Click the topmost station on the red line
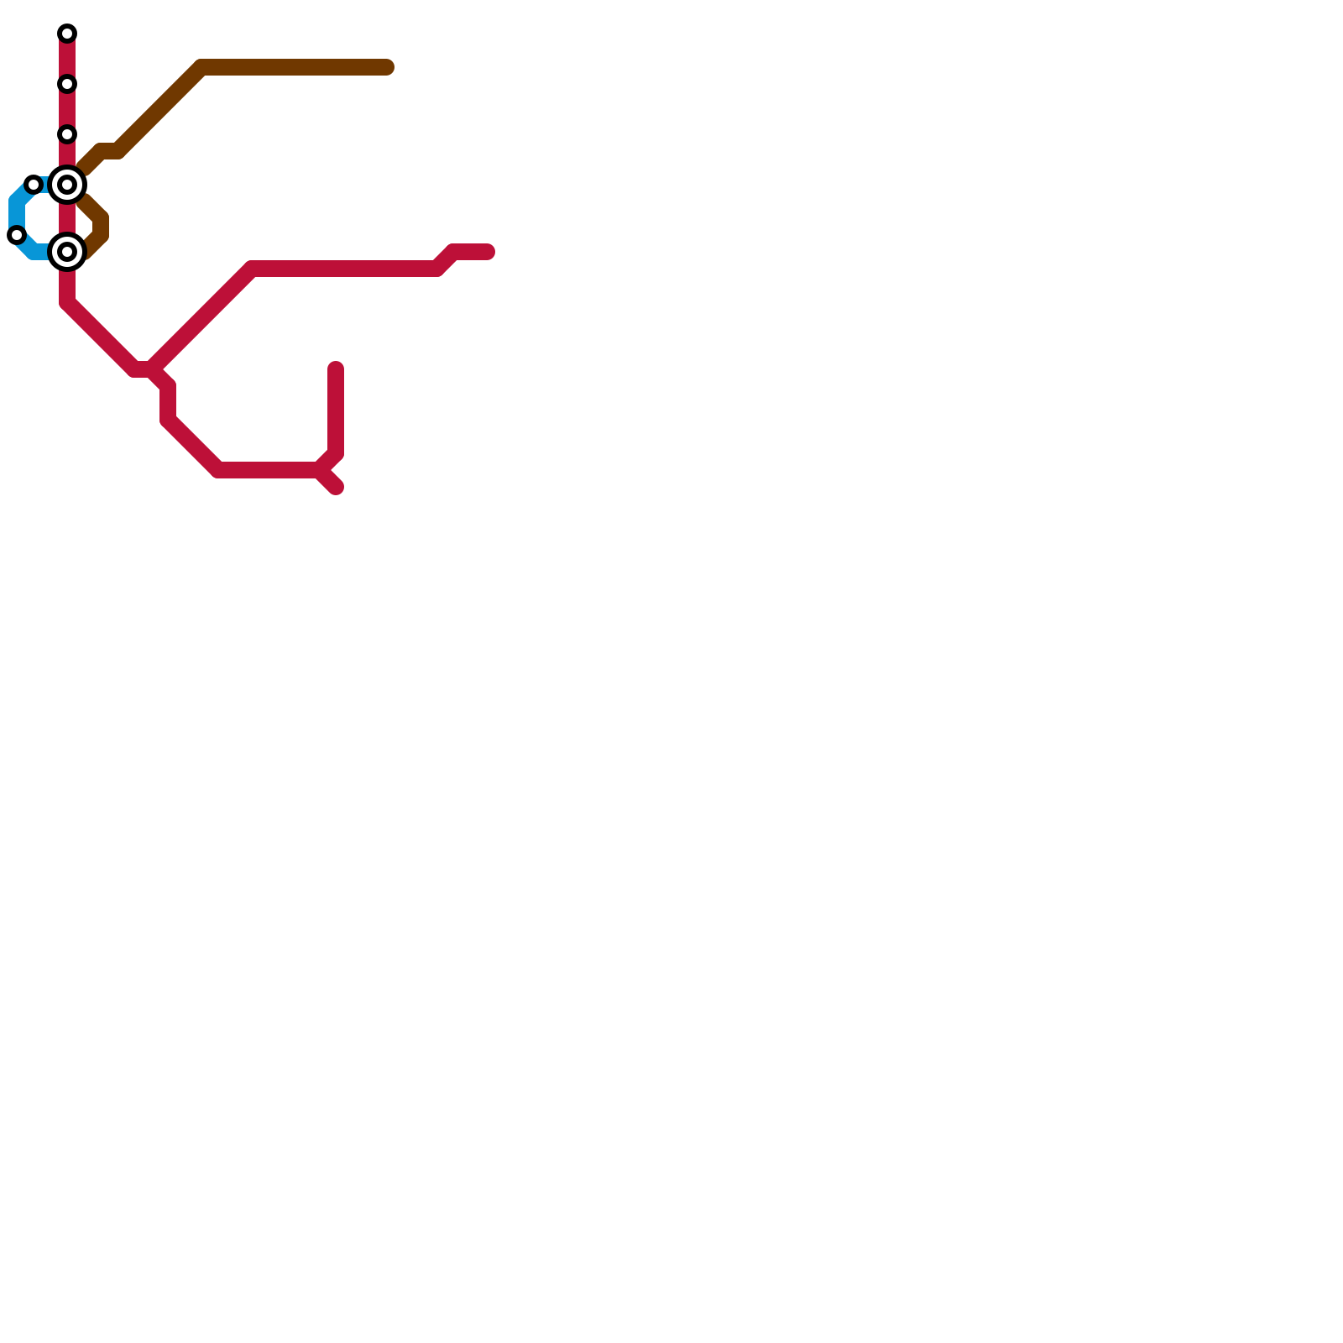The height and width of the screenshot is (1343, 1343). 67,34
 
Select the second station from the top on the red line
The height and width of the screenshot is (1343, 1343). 67,84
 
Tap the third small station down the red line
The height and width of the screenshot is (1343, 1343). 67,134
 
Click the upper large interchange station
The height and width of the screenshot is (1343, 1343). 67,185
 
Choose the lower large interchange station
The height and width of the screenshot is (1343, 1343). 67,252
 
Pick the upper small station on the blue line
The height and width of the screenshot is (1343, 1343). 34,185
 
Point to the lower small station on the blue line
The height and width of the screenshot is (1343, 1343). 17,235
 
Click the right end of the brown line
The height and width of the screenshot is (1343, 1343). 388,67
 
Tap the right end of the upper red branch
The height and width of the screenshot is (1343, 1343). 489,252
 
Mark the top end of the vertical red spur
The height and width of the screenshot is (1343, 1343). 336,368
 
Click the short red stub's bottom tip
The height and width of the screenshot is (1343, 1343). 337,488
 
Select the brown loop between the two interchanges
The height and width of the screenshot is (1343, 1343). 102,225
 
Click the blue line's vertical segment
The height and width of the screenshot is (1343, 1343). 16,214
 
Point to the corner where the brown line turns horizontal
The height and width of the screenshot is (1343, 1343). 201,67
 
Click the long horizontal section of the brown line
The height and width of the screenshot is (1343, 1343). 294,67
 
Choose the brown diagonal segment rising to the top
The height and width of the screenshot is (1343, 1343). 159,109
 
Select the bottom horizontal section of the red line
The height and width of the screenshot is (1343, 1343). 269,470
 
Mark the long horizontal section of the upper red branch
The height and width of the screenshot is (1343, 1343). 344,269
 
